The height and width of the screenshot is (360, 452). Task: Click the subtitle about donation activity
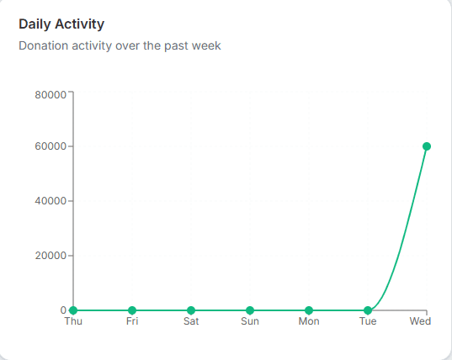coord(120,45)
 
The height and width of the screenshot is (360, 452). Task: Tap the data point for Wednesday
coord(427,146)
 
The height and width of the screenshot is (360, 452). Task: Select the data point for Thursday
coord(73,310)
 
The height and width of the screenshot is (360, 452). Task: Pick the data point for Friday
coord(132,310)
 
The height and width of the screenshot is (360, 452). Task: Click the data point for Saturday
coord(191,310)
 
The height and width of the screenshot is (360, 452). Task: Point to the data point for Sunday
coord(250,310)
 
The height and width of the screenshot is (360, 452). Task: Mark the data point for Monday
coord(309,310)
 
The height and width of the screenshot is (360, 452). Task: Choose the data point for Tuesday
coord(368,310)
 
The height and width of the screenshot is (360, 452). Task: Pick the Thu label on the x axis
coord(73,322)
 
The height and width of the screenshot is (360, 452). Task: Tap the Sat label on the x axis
coord(191,322)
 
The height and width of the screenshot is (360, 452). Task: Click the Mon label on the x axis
coord(309,322)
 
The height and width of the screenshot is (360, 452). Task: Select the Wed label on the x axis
coord(420,322)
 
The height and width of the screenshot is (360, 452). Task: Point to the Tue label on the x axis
coord(368,322)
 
